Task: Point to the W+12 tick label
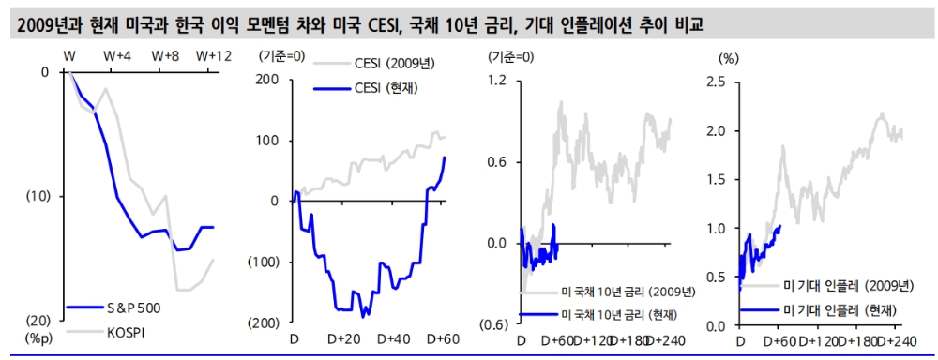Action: point(213,57)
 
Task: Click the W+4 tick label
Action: point(116,57)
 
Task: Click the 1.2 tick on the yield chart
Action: point(496,81)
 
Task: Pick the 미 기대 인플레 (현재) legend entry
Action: point(838,308)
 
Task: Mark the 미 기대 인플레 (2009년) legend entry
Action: point(842,285)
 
